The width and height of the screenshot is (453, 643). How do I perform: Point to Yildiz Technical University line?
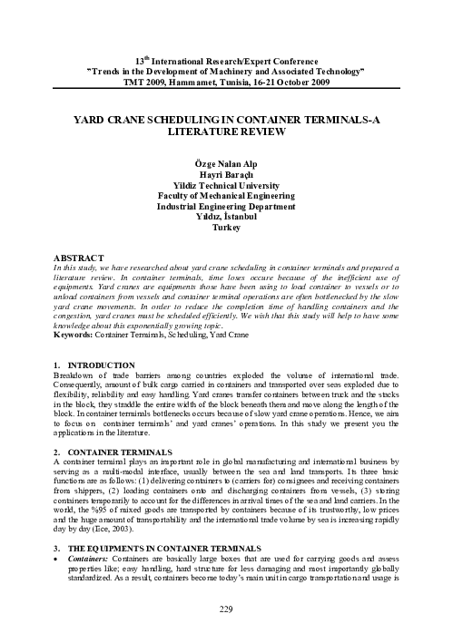(226, 192)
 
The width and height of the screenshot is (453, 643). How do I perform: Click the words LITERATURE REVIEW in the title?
(226, 132)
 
